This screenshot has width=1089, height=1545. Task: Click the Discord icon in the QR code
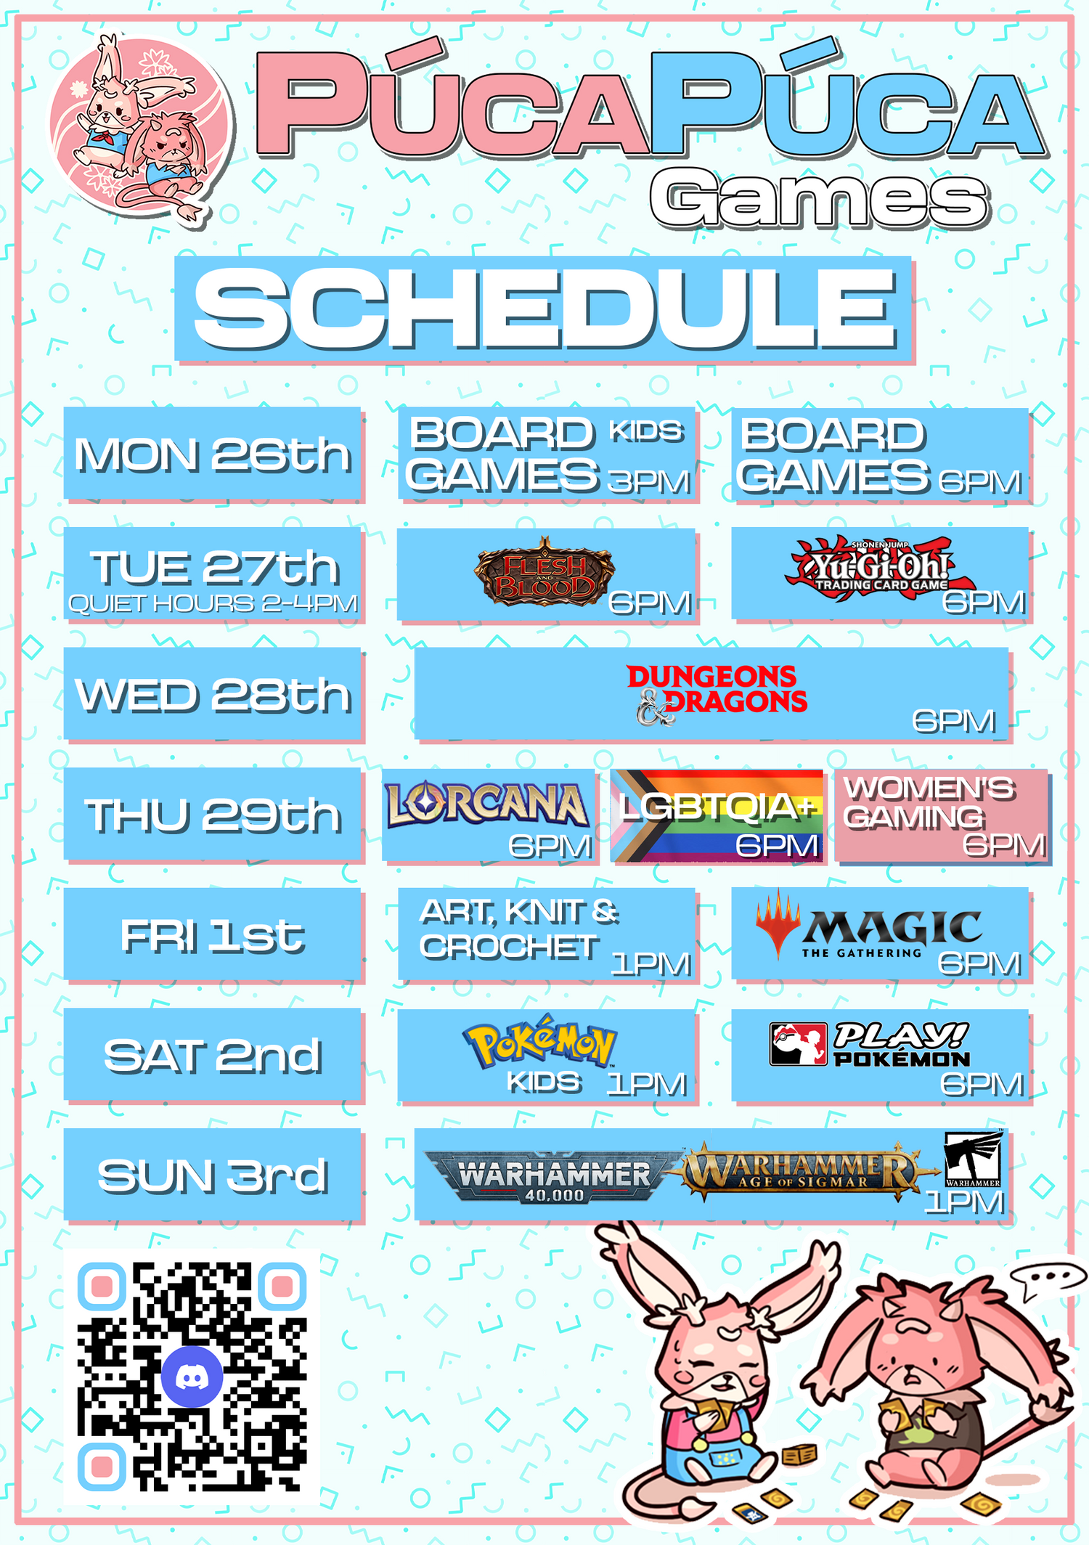tap(192, 1377)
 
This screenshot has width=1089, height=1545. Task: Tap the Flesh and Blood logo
tap(544, 571)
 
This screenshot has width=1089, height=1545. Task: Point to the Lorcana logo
tap(486, 805)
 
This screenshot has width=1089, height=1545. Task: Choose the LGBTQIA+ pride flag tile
tap(717, 815)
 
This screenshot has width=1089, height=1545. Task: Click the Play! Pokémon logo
tap(870, 1044)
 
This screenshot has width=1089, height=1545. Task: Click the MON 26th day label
tap(213, 454)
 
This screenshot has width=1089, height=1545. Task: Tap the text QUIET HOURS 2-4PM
tap(213, 603)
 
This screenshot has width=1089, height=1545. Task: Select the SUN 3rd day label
tap(213, 1175)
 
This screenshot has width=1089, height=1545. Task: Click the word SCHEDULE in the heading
tap(544, 308)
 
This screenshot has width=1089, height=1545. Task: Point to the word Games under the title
tap(819, 197)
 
